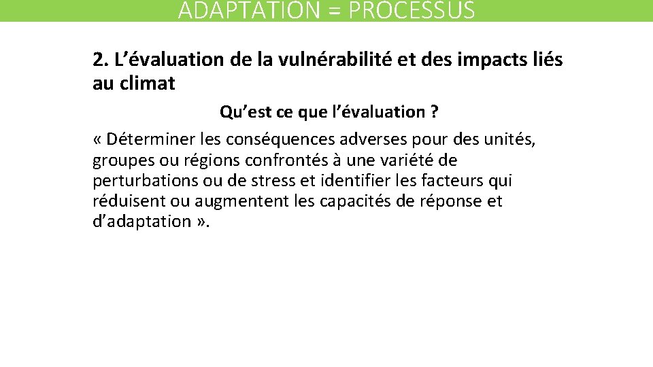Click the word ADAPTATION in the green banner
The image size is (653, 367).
pos(235,11)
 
